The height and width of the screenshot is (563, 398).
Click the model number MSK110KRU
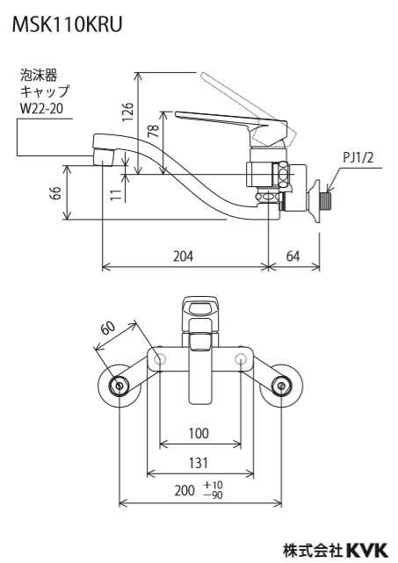(67, 25)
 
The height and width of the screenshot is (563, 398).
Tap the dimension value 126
(127, 112)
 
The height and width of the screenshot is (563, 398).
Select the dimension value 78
(154, 131)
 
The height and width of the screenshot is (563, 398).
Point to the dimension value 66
(56, 193)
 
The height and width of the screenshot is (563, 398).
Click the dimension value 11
(116, 195)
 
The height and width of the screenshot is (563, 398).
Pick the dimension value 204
(184, 256)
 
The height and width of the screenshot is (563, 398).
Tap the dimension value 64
(293, 256)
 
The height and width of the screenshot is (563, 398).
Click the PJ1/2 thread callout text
(358, 157)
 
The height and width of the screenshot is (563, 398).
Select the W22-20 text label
(41, 108)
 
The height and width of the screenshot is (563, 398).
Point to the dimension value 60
(108, 328)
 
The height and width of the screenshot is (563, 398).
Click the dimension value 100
(199, 433)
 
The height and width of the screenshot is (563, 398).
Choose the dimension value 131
(199, 463)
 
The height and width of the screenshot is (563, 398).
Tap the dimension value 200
(185, 490)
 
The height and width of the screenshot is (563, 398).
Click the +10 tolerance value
(213, 485)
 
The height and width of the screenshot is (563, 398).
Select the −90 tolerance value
(213, 495)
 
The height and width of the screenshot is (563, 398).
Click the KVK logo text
(367, 551)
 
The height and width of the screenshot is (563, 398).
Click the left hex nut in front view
(119, 386)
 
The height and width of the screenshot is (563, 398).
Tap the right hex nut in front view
(282, 386)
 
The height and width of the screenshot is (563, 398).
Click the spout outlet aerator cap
(104, 156)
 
